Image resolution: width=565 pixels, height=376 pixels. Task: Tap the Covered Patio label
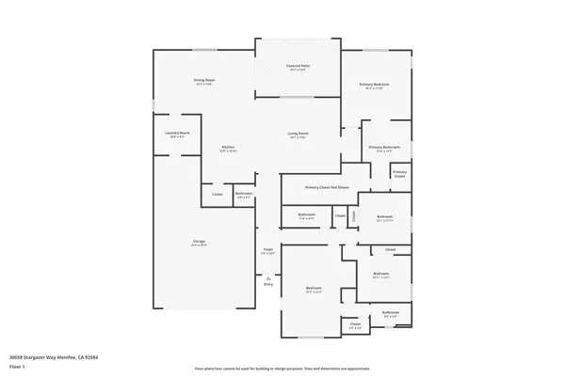299,66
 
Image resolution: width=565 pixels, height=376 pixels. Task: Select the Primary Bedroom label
374,86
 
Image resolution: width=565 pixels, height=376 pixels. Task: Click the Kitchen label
228,148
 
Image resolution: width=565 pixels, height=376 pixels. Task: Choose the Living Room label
299,133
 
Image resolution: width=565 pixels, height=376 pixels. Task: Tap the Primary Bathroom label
385,148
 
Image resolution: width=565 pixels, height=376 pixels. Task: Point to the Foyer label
268,250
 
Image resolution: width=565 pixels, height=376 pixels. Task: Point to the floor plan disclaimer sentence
282,368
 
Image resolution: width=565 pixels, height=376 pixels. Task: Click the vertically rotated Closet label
355,217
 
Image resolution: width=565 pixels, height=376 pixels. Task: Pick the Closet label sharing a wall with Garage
217,195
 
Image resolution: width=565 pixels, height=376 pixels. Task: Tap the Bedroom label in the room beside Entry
314,288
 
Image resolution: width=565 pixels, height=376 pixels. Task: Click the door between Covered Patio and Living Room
297,96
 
